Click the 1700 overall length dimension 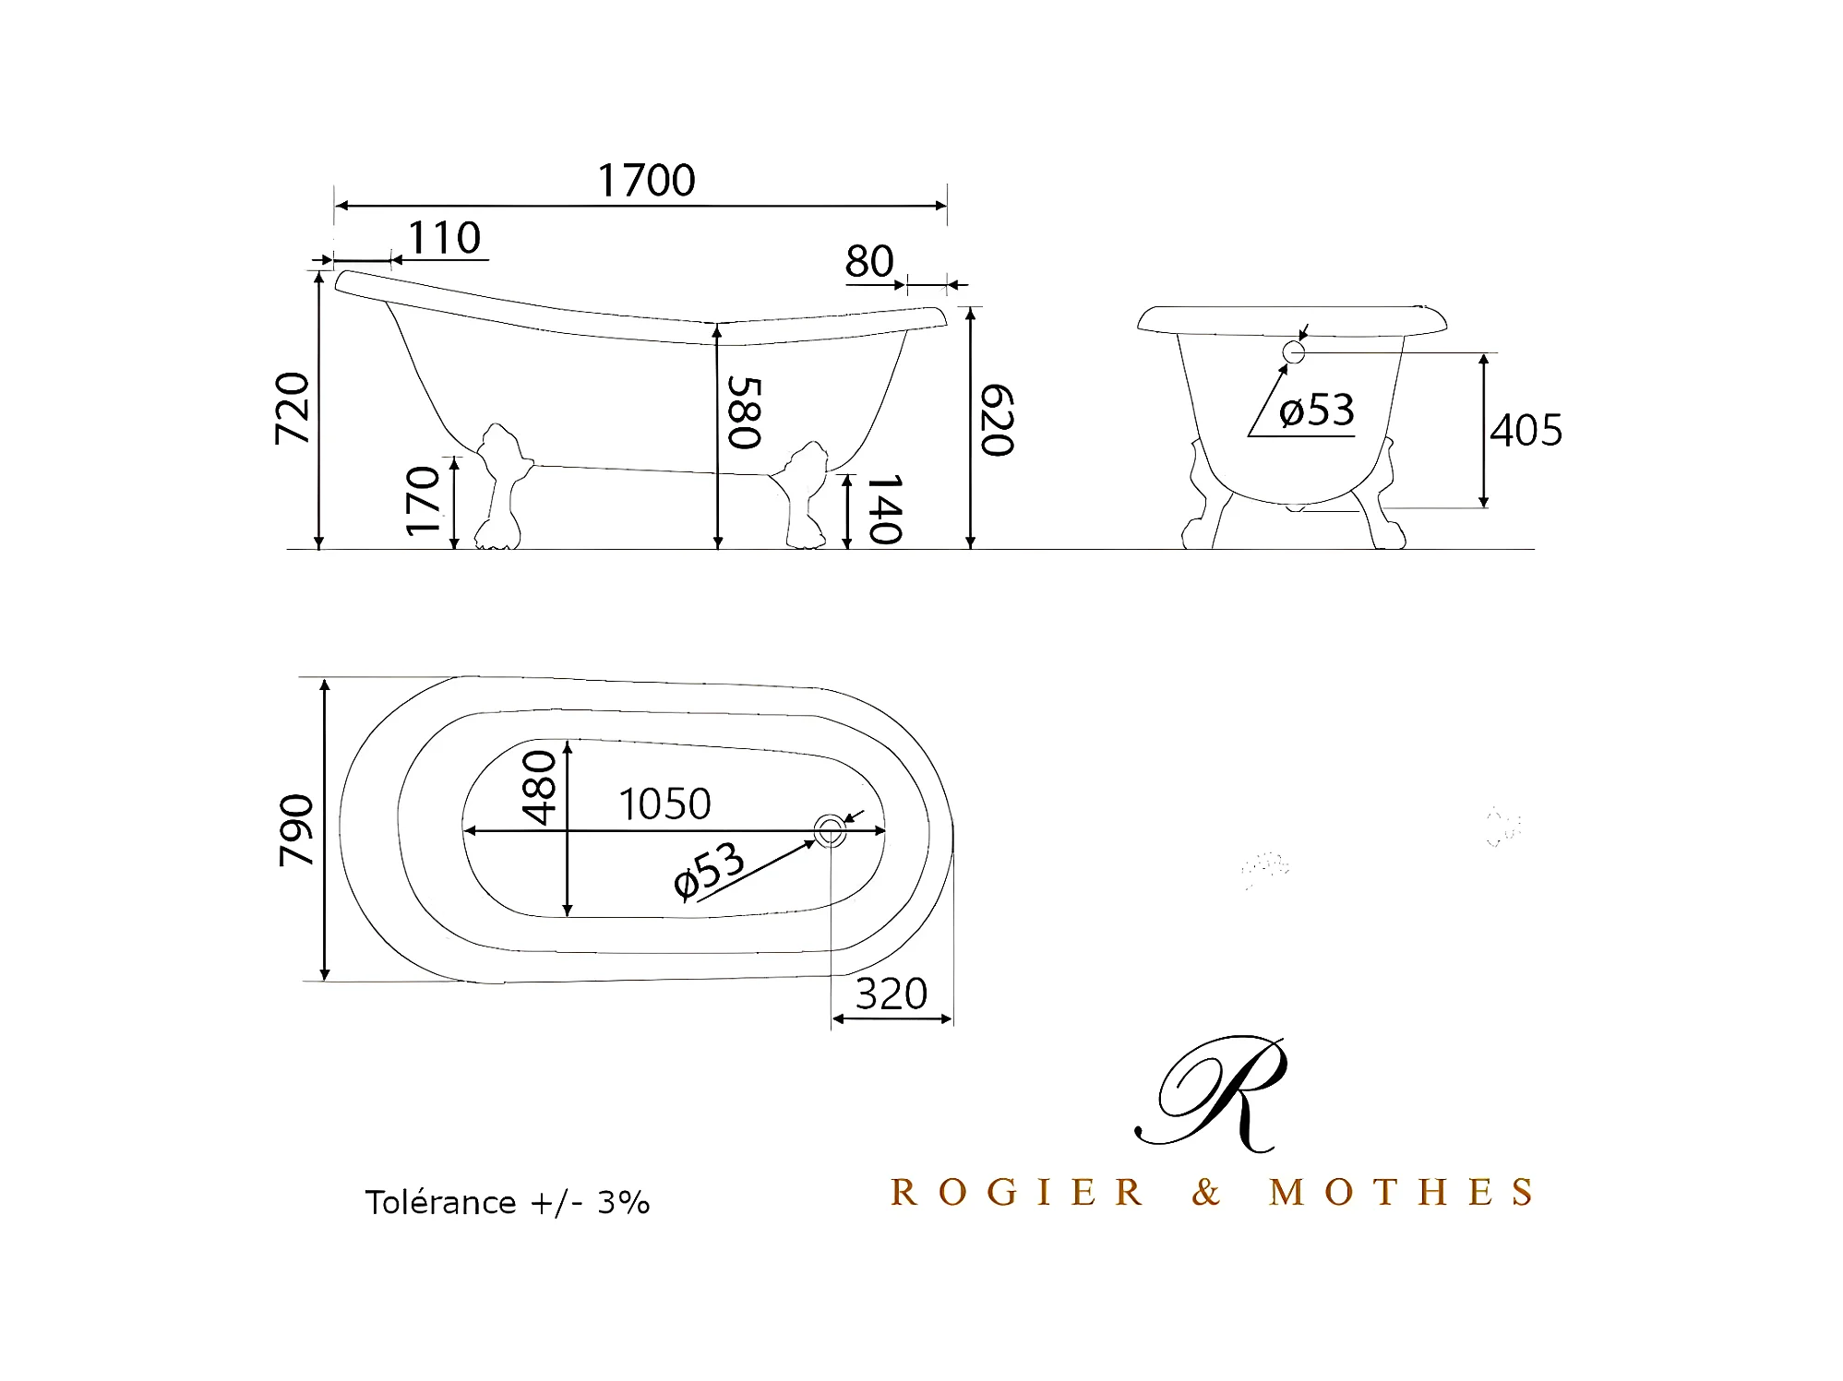(x=646, y=180)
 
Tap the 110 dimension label (x=444, y=238)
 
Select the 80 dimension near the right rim (x=869, y=261)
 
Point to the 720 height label (x=293, y=409)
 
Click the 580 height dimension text (x=744, y=412)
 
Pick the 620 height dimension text (x=997, y=421)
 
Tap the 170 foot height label (x=424, y=501)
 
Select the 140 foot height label (x=884, y=509)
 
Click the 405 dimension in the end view (x=1526, y=430)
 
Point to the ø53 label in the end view (x=1317, y=410)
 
